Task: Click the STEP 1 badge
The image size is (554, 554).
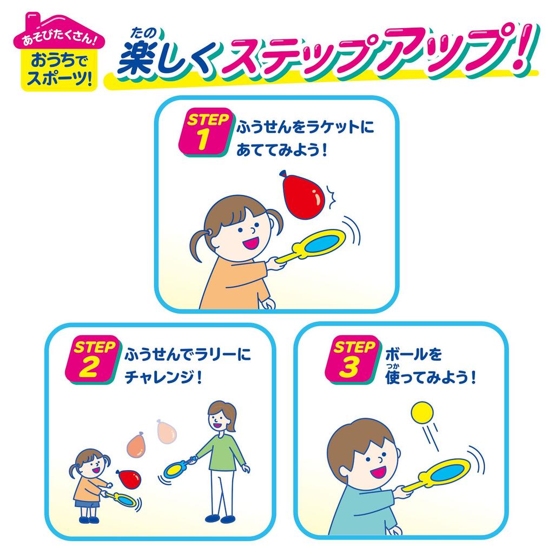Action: coord(205,133)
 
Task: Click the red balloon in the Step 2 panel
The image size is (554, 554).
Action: coord(128,478)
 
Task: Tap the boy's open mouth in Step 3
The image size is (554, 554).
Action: coord(378,470)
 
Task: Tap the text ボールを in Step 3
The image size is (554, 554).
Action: coord(413,354)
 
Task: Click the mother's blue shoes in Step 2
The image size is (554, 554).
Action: coord(220,518)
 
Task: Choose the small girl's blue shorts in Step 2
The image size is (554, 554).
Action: coord(87,504)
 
